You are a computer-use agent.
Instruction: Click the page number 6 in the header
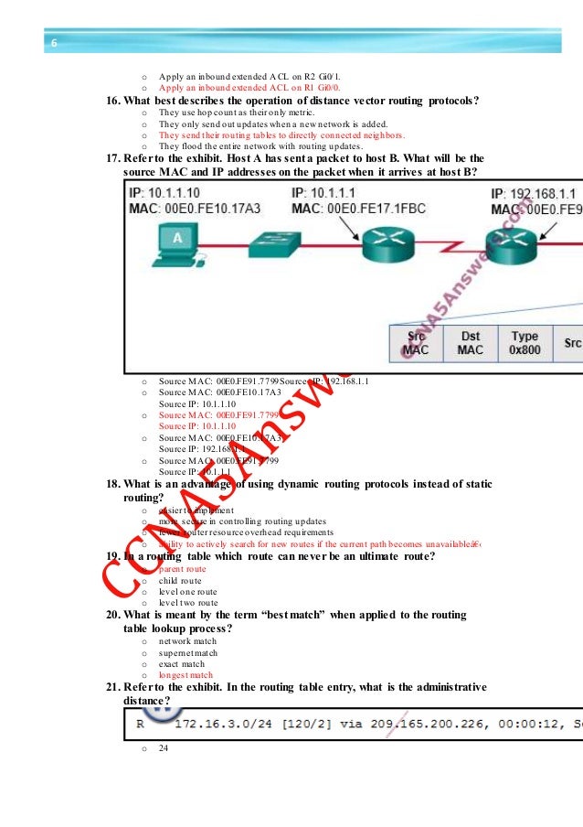pyautogui.click(x=53, y=43)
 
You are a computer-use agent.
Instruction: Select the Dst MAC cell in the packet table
pyautogui.click(x=470, y=342)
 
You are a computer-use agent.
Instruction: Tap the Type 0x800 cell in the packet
pyautogui.click(x=525, y=342)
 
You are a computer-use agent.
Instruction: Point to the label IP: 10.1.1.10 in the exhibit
pyautogui.click(x=168, y=195)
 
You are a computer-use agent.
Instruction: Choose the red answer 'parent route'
pyautogui.click(x=183, y=569)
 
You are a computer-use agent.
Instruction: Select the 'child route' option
pyautogui.click(x=180, y=580)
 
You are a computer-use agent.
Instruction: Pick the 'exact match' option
pyautogui.click(x=182, y=663)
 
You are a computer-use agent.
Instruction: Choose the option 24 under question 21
pyautogui.click(x=164, y=747)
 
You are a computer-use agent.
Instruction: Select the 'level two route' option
pyautogui.click(x=188, y=603)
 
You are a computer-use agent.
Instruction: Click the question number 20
pyautogui.click(x=114, y=615)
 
